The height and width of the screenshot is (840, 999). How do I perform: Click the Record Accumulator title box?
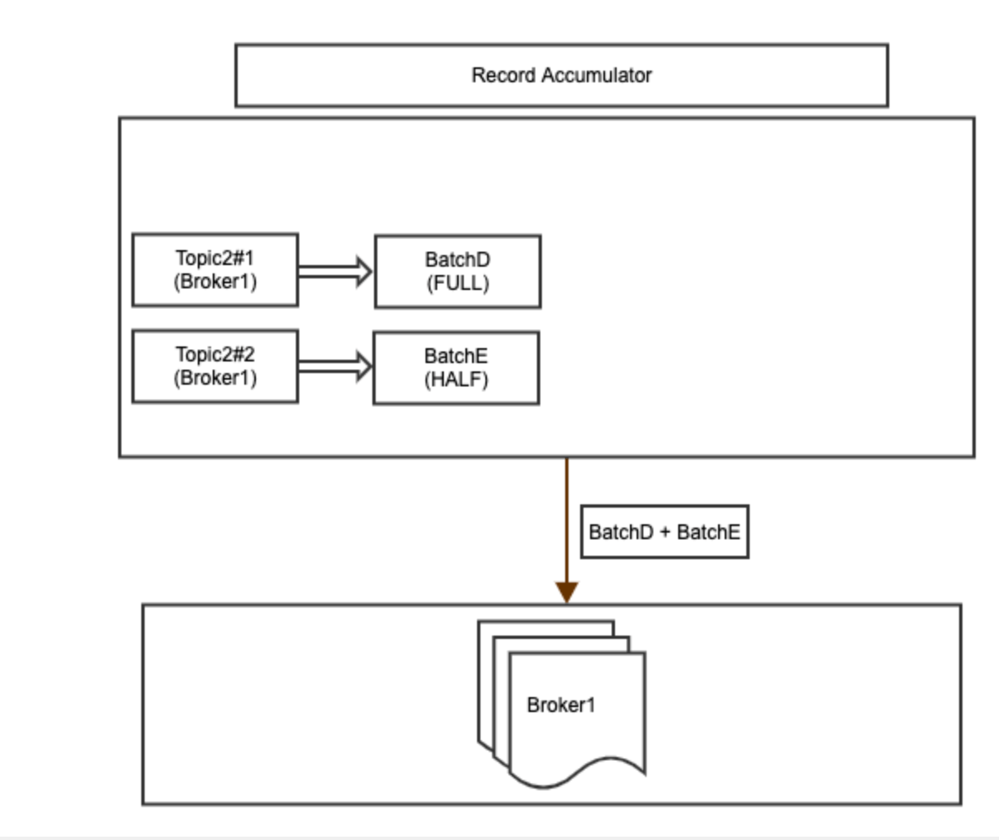coord(561,76)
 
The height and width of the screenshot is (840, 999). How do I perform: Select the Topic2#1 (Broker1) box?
coord(215,270)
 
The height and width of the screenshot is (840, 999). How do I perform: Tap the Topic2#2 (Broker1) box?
coord(215,366)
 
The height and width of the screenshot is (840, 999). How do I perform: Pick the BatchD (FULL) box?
coord(457,272)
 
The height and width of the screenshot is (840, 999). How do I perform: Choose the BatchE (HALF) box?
coord(455,368)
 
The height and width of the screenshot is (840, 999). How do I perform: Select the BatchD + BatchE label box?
coord(664,532)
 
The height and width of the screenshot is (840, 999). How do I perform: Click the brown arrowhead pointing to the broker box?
coord(567,592)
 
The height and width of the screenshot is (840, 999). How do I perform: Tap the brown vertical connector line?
coord(567,515)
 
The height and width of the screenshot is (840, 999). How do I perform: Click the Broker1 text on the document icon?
coord(561,705)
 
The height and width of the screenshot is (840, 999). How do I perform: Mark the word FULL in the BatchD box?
coord(458,283)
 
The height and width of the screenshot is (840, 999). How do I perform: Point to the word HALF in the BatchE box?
coord(456,380)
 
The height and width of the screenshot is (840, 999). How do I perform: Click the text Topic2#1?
coord(215,258)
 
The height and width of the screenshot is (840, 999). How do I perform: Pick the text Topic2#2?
coord(215,355)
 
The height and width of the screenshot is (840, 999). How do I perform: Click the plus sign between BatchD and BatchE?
coord(665,533)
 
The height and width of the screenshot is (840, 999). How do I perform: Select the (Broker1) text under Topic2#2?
coord(215,378)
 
